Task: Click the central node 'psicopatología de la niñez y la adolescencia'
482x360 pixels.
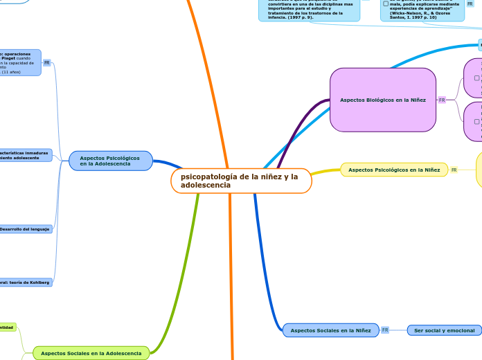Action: coord(240,181)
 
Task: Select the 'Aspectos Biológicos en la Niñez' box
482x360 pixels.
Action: coord(382,100)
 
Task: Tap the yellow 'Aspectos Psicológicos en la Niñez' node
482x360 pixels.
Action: coord(393,170)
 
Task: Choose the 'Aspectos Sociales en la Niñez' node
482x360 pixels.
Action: coord(330,330)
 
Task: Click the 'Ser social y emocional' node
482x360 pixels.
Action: coord(444,330)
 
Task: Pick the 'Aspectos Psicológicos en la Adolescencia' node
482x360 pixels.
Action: coord(110,161)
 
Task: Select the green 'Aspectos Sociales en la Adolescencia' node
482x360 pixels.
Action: coord(91,353)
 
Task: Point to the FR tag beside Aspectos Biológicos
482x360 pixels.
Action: coord(442,100)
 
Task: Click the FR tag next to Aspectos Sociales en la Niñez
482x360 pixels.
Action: coord(385,330)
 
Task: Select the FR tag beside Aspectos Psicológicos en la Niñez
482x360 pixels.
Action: coord(454,170)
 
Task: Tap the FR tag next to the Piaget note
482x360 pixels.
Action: coord(47,62)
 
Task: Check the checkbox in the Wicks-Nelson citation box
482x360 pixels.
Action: coord(386,3)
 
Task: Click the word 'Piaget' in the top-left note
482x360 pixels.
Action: coord(10,58)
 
